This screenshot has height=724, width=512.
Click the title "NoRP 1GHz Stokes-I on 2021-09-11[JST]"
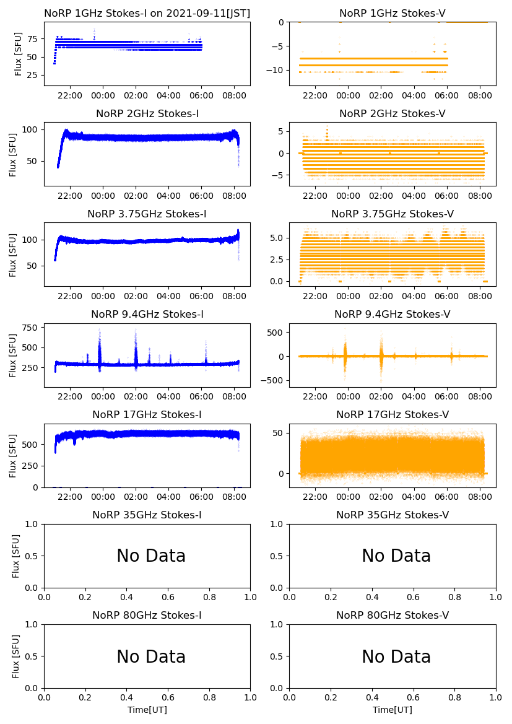coord(147,13)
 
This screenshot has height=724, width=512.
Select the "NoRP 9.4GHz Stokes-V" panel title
coord(392,314)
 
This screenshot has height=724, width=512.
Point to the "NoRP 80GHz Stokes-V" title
coord(392,615)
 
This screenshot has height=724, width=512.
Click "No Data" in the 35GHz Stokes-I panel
coord(151,556)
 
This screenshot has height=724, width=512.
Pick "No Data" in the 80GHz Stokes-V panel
coord(396,656)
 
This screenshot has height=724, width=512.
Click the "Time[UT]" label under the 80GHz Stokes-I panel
coord(147,710)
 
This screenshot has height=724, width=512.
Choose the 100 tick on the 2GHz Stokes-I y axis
coord(29,129)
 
